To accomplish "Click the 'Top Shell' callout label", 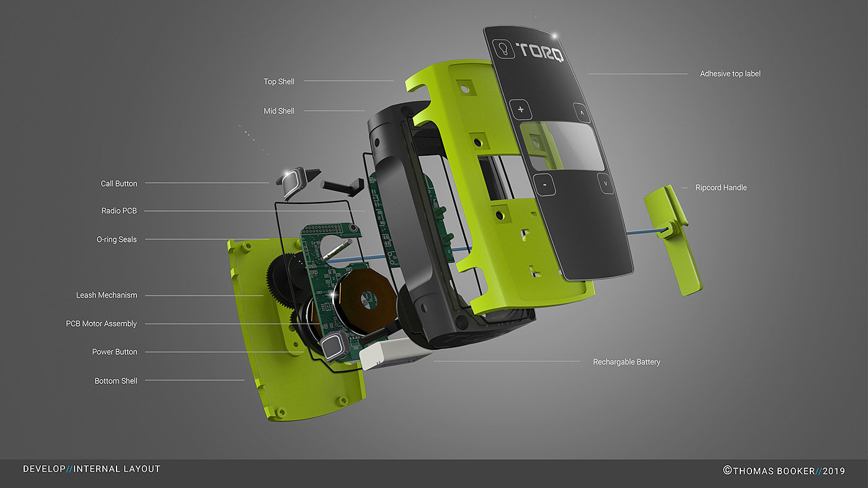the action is tap(279, 82).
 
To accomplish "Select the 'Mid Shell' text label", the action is tap(279, 111).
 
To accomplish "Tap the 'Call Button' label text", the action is tap(119, 184).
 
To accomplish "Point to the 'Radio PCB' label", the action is tap(119, 210).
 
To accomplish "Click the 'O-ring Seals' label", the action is tap(117, 239).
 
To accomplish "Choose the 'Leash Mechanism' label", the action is tap(107, 295).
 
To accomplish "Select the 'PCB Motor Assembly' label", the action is tap(101, 324).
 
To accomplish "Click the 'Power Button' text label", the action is tap(115, 352).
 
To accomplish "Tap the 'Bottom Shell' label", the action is tap(116, 381).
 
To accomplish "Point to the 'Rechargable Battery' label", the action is tap(627, 362).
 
